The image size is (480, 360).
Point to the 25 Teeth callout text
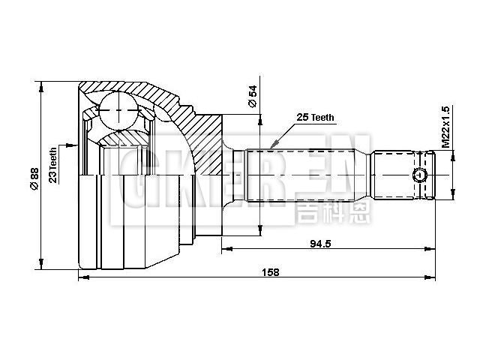(316, 118)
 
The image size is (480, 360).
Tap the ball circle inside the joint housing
(118, 112)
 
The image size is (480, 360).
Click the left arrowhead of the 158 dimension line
(82, 278)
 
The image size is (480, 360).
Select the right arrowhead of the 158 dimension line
(432, 278)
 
